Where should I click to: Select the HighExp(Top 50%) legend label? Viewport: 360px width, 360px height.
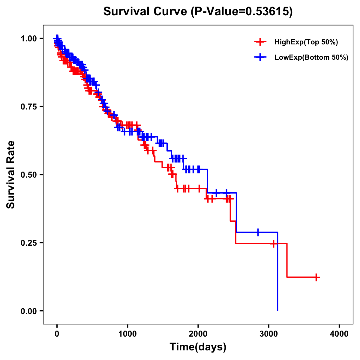(x=306, y=42)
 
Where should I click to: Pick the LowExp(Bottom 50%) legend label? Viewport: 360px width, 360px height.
(x=311, y=58)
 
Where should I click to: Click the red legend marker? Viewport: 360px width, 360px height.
(x=260, y=42)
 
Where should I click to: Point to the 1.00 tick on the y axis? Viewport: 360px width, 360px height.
(x=28, y=38)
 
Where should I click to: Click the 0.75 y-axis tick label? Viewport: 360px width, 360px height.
(x=28, y=106)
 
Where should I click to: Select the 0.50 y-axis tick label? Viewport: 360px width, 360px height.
(x=28, y=175)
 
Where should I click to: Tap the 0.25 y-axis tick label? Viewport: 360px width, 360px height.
(x=28, y=243)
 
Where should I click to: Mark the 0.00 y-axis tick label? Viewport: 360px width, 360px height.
(x=28, y=311)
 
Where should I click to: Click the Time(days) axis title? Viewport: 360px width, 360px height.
(x=198, y=347)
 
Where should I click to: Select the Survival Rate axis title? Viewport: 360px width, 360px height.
(x=11, y=175)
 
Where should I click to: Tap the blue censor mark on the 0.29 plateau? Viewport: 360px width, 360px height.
(x=258, y=232)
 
